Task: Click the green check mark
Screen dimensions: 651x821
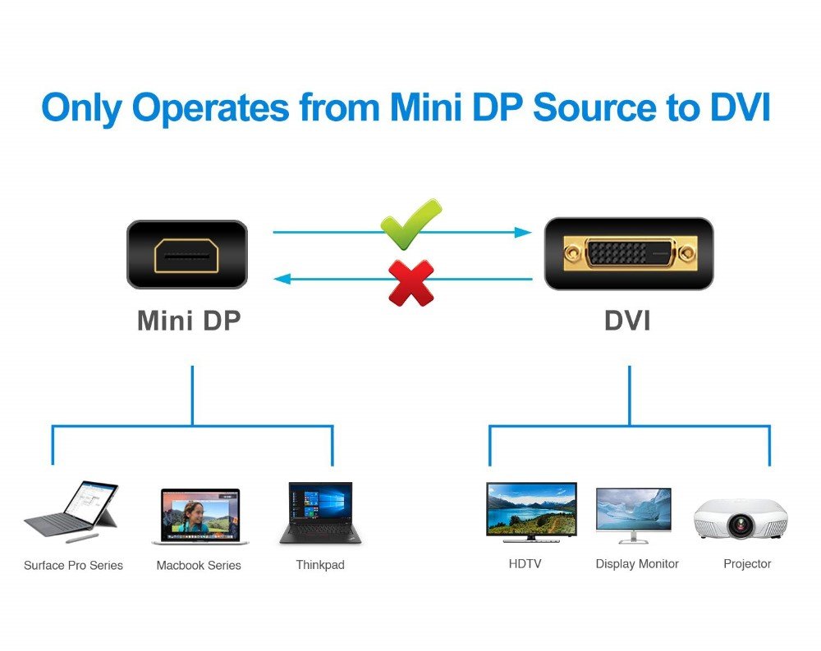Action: (x=410, y=223)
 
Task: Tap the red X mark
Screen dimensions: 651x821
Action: (x=410, y=282)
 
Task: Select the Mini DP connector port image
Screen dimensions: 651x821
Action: (x=186, y=254)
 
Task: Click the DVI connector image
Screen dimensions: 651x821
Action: (x=629, y=253)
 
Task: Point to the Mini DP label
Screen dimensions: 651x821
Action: (x=189, y=321)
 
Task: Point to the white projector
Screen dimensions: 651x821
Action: (x=740, y=517)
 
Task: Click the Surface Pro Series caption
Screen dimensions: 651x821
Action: (x=73, y=565)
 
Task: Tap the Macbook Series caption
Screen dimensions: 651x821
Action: (x=199, y=565)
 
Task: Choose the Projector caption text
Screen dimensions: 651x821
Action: (x=747, y=564)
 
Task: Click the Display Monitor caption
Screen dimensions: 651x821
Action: (x=637, y=564)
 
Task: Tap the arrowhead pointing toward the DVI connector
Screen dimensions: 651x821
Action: (x=523, y=232)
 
